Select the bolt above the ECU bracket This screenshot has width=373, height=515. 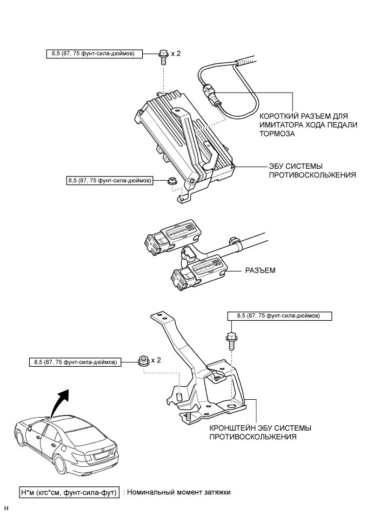(230, 340)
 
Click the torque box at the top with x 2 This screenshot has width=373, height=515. (95, 53)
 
